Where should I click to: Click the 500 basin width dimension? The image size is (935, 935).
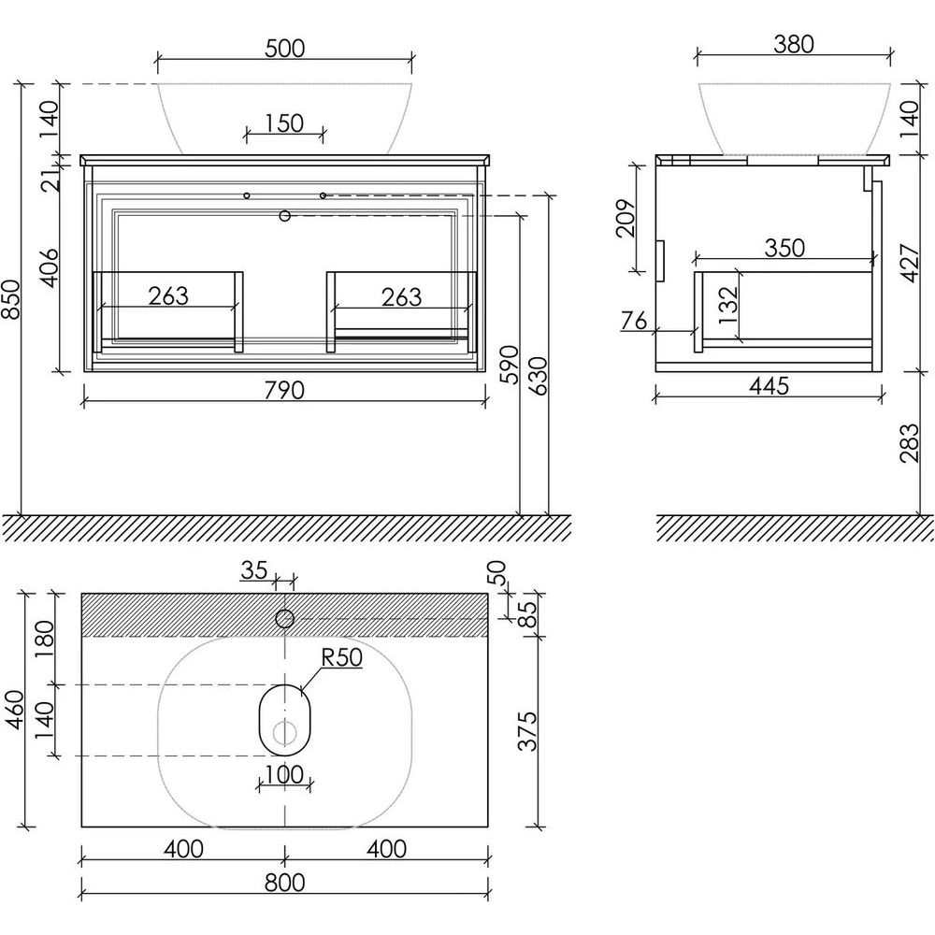pyautogui.click(x=285, y=49)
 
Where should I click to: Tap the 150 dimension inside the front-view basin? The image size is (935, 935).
pyautogui.click(x=284, y=123)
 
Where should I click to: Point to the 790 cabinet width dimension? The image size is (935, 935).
pyautogui.click(x=284, y=390)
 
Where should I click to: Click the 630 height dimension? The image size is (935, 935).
pyautogui.click(x=539, y=376)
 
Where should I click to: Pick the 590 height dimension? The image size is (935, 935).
pyautogui.click(x=511, y=365)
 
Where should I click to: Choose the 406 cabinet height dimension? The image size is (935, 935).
pyautogui.click(x=49, y=267)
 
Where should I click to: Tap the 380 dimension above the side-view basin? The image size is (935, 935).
pyautogui.click(x=794, y=44)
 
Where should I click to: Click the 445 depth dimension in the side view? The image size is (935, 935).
pyautogui.click(x=770, y=386)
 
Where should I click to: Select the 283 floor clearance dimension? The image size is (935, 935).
pyautogui.click(x=910, y=443)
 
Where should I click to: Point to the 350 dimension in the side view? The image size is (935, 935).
pyautogui.click(x=784, y=248)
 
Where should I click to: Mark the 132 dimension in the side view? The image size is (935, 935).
pyautogui.click(x=728, y=306)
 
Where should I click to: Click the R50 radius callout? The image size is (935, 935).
pyautogui.click(x=341, y=657)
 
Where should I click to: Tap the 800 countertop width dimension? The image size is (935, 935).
pyautogui.click(x=284, y=883)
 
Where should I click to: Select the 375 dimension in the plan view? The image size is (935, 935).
pyautogui.click(x=527, y=731)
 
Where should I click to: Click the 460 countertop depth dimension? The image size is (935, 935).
pyautogui.click(x=14, y=710)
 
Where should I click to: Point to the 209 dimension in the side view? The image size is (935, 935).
pyautogui.click(x=626, y=218)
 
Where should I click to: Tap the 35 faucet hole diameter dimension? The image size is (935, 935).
pyautogui.click(x=254, y=570)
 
